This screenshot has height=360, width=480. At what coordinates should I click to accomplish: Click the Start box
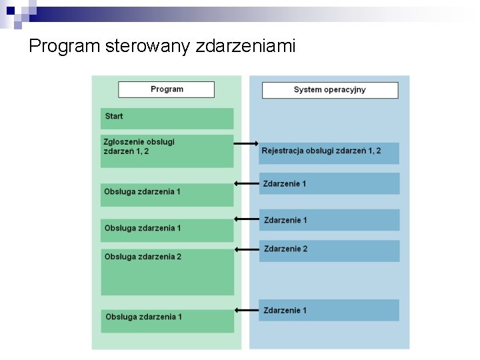click(167, 119)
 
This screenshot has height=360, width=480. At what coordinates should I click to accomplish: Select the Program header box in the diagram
click(167, 89)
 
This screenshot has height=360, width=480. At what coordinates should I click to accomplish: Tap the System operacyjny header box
click(330, 90)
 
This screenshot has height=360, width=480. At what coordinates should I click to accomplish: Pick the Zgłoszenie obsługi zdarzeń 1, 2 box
click(167, 151)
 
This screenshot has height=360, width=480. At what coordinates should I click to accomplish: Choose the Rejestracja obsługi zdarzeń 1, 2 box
click(329, 153)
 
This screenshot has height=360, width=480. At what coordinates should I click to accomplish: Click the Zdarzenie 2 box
click(329, 251)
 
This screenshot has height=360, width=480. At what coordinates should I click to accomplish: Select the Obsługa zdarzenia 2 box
click(167, 272)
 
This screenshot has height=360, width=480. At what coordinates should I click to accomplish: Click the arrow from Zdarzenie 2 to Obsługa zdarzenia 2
click(246, 249)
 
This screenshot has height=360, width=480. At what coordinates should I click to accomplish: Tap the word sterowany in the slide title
click(149, 46)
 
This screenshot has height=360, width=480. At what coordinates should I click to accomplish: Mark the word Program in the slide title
click(65, 46)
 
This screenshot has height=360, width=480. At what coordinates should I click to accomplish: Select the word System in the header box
click(307, 90)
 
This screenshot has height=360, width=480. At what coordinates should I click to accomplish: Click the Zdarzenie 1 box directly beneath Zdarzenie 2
click(329, 310)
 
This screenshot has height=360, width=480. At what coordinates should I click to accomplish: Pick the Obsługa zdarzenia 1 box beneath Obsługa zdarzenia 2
click(167, 321)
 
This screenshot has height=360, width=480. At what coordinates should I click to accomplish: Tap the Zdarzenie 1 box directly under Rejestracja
click(329, 183)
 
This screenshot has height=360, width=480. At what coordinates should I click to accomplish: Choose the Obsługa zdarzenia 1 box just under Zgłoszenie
click(167, 195)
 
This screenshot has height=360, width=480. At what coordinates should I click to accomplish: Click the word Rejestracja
click(283, 151)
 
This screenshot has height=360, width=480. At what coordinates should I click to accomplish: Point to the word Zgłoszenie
click(124, 141)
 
